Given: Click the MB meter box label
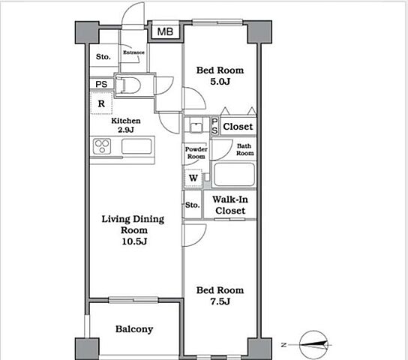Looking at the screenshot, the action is coord(165,31).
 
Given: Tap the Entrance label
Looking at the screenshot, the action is coord(133,52).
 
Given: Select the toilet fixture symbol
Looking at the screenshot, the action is coord(128,85).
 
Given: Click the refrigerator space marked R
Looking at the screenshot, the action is coord(101,103).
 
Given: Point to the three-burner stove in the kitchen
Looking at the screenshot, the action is coord(102,146).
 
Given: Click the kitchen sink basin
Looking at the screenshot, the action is coord(136,146).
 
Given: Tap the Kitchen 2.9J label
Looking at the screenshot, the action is coord(126,125).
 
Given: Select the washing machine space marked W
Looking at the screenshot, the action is coord(193,178).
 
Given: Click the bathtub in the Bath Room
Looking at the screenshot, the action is coord(234,174).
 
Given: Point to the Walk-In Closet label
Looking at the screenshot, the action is coord(230,205).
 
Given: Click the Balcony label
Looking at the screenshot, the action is coord(134,329).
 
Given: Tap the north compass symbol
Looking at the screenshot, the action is coord(313,345).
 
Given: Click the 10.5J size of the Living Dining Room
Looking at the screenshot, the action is coord(134,241).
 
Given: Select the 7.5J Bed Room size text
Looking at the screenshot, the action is coord(220,301).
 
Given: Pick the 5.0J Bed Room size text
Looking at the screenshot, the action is coord(220,82).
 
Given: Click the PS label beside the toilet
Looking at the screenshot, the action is coord(101,84).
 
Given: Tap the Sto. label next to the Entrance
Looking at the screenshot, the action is coord(103,56).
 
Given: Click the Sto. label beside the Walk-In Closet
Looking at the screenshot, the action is coord(193,205).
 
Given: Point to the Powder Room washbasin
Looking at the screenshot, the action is coord(196,125).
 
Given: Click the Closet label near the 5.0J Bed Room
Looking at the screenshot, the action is coord(238,127).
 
